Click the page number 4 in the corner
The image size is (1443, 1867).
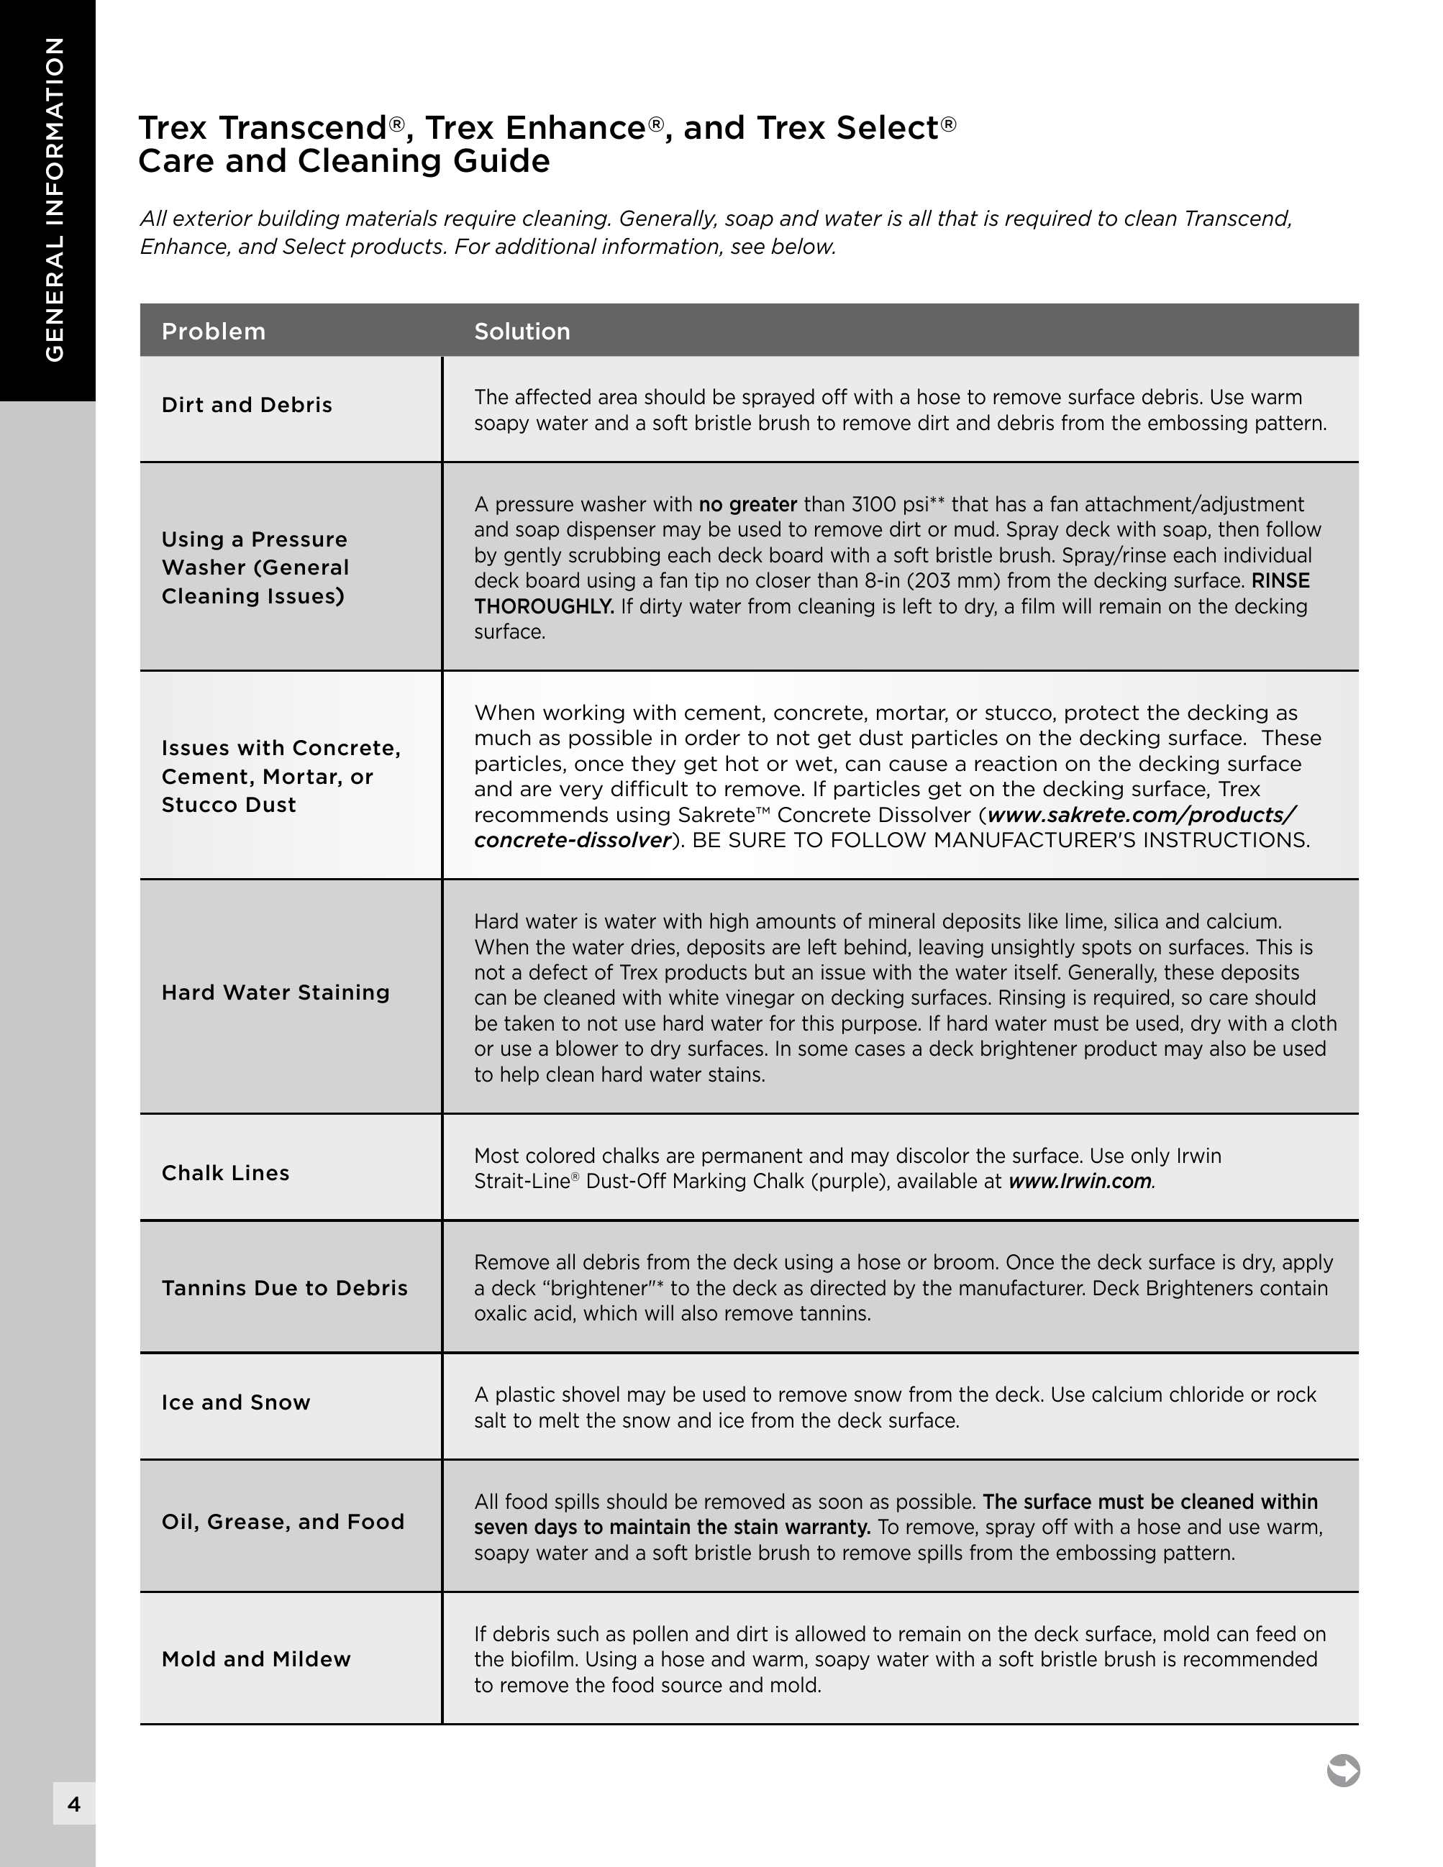[74, 1804]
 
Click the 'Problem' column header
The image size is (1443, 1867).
[214, 332]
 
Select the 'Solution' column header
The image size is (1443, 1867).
[522, 332]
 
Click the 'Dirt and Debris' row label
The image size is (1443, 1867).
[247, 405]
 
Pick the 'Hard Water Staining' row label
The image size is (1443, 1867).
[276, 992]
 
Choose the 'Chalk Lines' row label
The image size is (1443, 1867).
[226, 1173]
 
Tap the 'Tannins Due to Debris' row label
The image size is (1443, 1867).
[285, 1288]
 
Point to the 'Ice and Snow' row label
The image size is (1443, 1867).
[236, 1403]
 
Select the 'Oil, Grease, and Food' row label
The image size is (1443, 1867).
[283, 1522]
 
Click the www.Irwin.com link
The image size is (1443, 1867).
[1080, 1182]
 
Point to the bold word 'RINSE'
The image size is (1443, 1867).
[1280, 581]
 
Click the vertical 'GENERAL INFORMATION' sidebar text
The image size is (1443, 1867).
[55, 199]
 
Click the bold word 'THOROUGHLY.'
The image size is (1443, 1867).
[544, 607]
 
